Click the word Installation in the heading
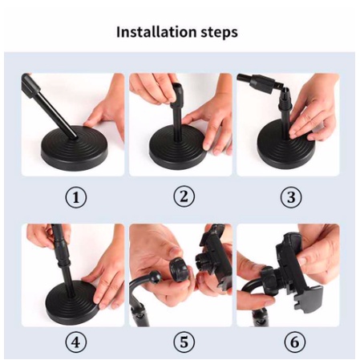coord(156,32)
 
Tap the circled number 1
coord(76,198)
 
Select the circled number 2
coord(184,196)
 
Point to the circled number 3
coord(291,197)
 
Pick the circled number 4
coord(76,342)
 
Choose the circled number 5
coord(184,342)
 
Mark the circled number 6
coord(294,342)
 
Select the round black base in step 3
coord(286,147)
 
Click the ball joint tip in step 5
coord(155,277)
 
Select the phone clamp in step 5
coord(214,257)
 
